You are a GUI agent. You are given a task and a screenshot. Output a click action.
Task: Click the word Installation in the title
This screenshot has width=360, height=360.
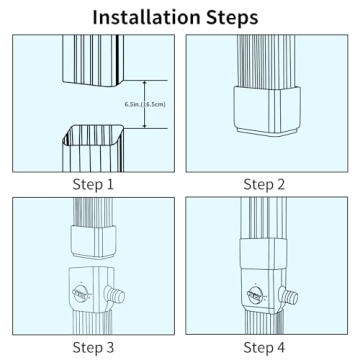click(x=148, y=17)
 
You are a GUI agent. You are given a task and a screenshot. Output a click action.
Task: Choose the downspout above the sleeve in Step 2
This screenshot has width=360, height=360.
click(x=266, y=60)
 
